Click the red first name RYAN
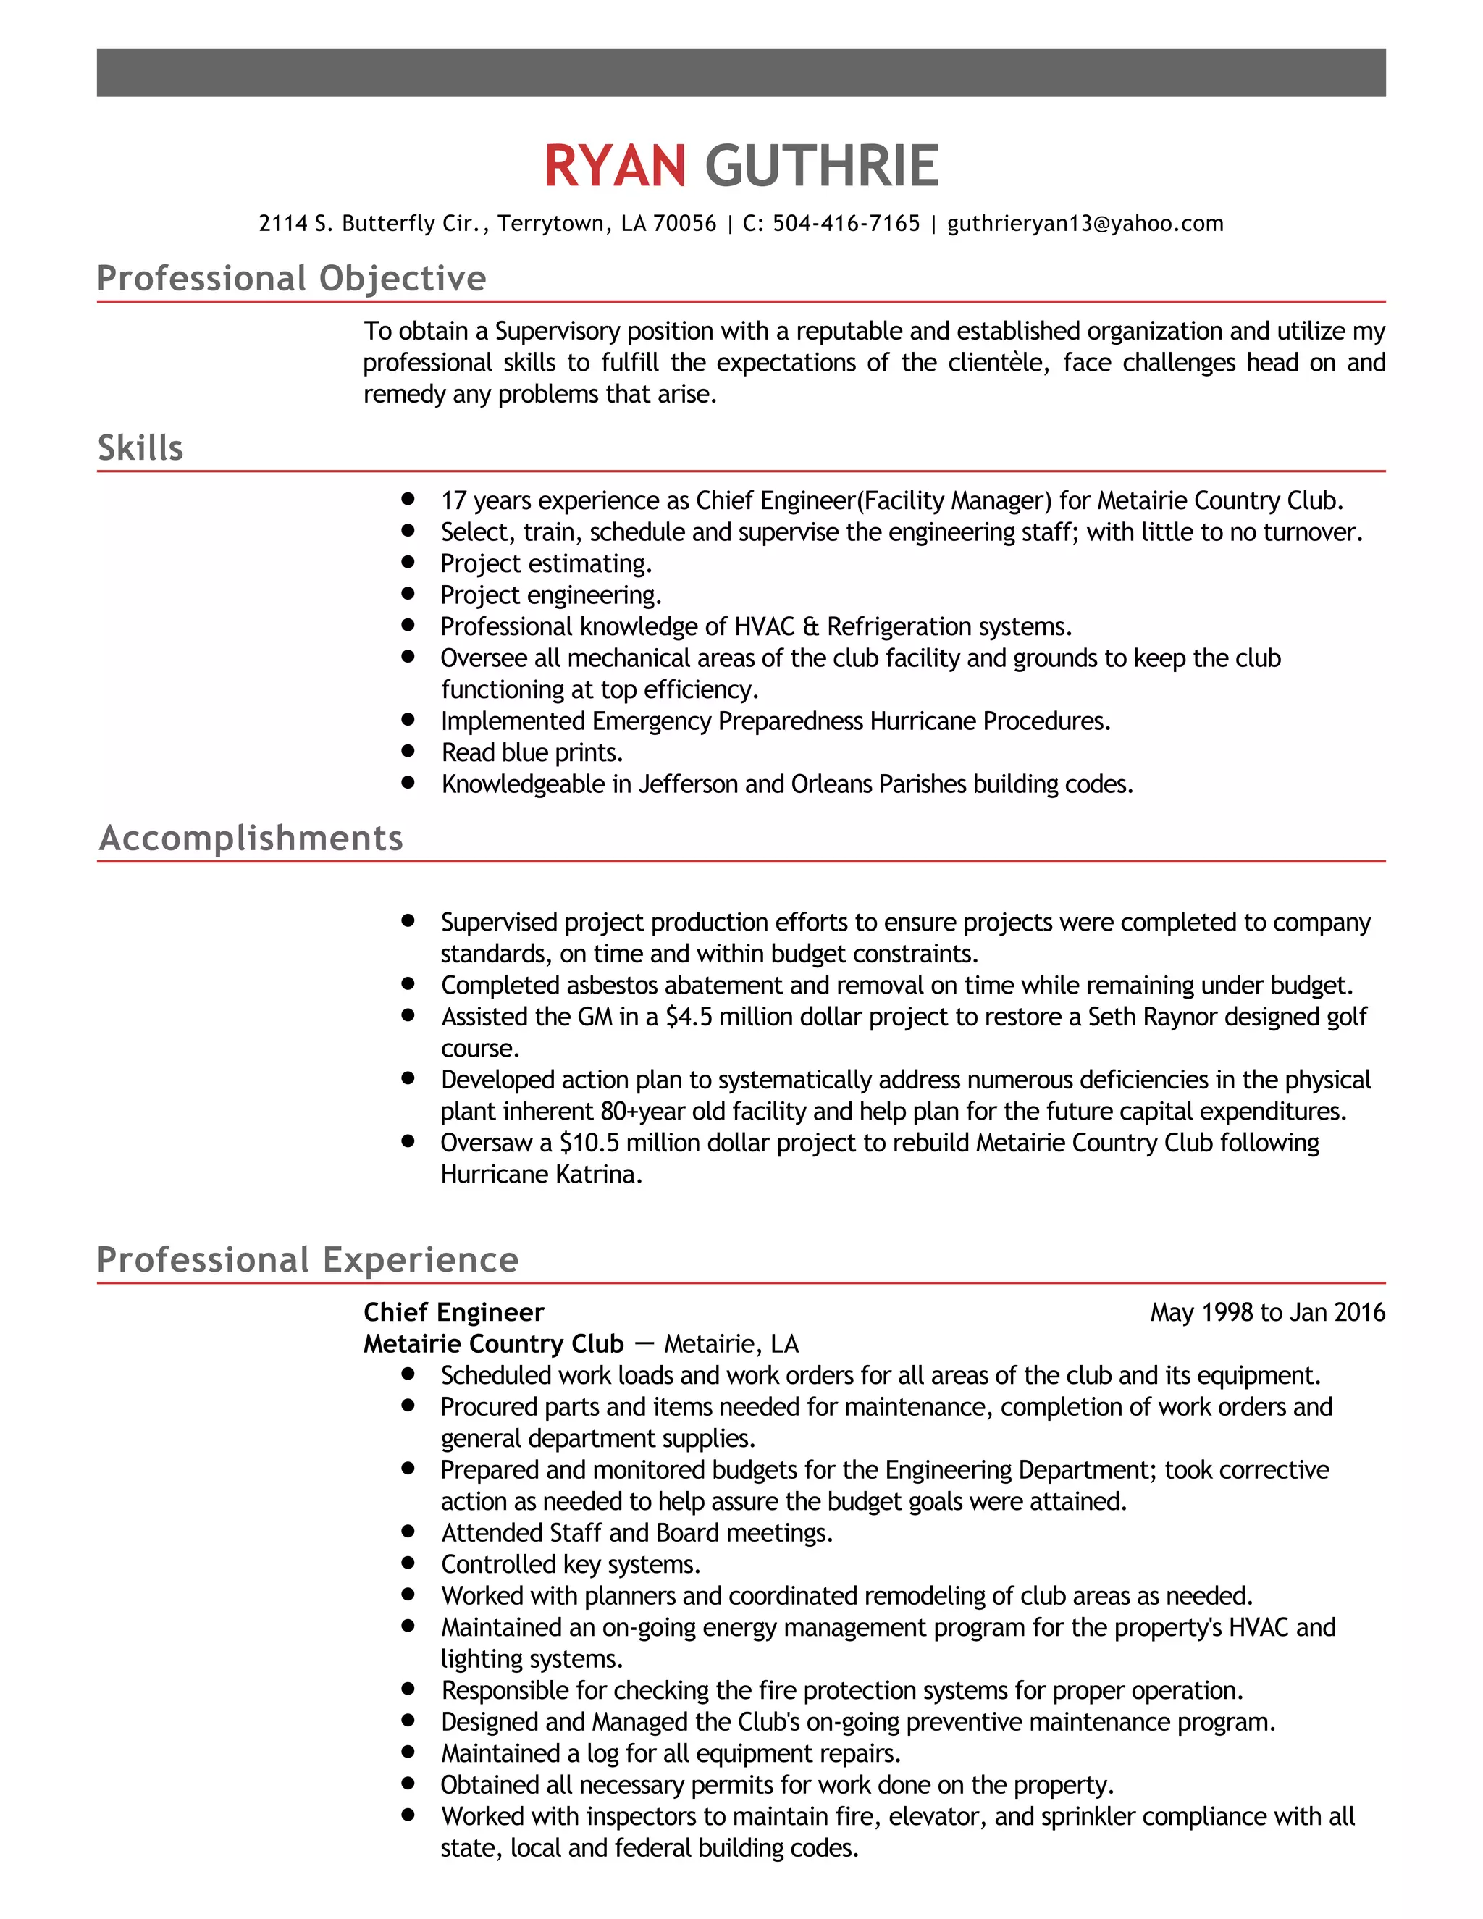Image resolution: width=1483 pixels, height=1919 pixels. [x=614, y=166]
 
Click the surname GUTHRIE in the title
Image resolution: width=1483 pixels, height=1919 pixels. [x=821, y=166]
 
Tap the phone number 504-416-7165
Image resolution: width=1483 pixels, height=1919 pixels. [x=845, y=224]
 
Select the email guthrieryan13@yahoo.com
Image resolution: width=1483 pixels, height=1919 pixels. [x=1084, y=224]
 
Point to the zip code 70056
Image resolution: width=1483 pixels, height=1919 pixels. [x=684, y=224]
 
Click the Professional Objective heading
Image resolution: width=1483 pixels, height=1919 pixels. [x=291, y=279]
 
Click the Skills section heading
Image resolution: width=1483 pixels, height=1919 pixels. [x=140, y=448]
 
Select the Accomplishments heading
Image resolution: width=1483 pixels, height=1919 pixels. [x=251, y=839]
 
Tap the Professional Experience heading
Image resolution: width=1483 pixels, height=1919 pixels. [x=308, y=1260]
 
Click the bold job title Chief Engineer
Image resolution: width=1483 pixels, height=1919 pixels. [x=453, y=1313]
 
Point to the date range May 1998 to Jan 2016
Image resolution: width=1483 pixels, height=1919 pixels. [x=1267, y=1313]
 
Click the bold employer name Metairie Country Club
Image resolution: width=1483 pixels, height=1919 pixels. [x=493, y=1344]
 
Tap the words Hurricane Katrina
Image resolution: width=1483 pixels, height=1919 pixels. [x=540, y=1175]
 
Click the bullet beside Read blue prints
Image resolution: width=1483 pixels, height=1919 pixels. [x=408, y=751]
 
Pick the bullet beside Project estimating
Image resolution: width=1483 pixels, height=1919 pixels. [x=408, y=563]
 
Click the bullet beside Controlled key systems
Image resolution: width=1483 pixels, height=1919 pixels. [x=408, y=1563]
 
